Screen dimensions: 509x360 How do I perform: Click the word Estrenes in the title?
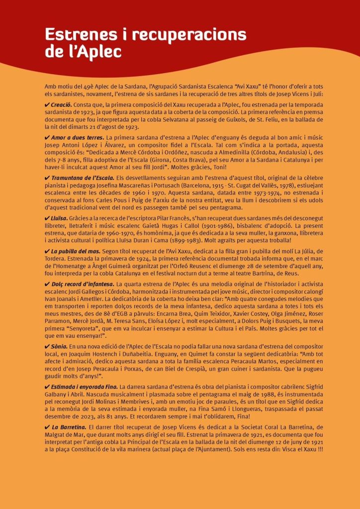pos(75,35)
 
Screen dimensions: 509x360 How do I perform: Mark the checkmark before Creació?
pos(47,104)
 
